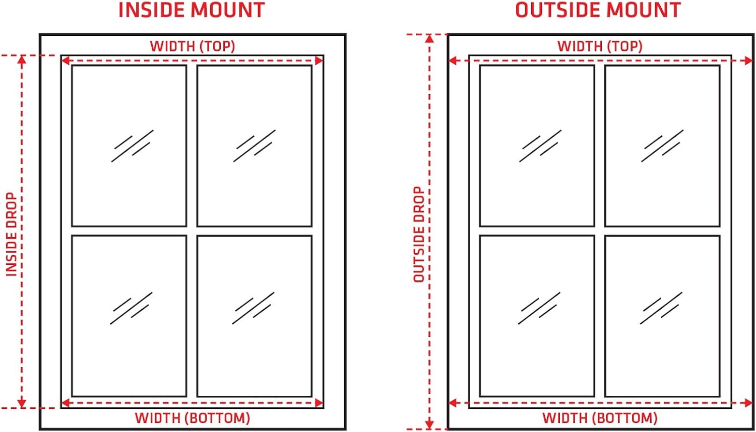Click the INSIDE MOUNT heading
coord(192,10)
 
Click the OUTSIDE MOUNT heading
coord(598,10)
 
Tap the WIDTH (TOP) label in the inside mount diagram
coord(193,46)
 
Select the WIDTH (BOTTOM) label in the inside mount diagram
coord(193,418)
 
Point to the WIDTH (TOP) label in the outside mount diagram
coord(600,46)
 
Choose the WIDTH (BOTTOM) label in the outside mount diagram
coord(600,418)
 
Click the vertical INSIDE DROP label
coord(12,235)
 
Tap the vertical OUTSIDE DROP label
coord(419,235)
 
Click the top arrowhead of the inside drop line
coord(22,60)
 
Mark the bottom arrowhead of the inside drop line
coord(22,403)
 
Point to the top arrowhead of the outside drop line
coord(429,38)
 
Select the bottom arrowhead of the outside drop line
coord(429,424)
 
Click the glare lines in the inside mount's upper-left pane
coord(132,146)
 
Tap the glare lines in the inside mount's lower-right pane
coord(253,308)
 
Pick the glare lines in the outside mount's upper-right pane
coord(662,146)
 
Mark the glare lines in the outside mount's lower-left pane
coord(539,308)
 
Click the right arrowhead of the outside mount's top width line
coord(749,61)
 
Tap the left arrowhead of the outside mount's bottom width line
coord(453,403)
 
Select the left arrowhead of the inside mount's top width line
coord(66,61)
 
